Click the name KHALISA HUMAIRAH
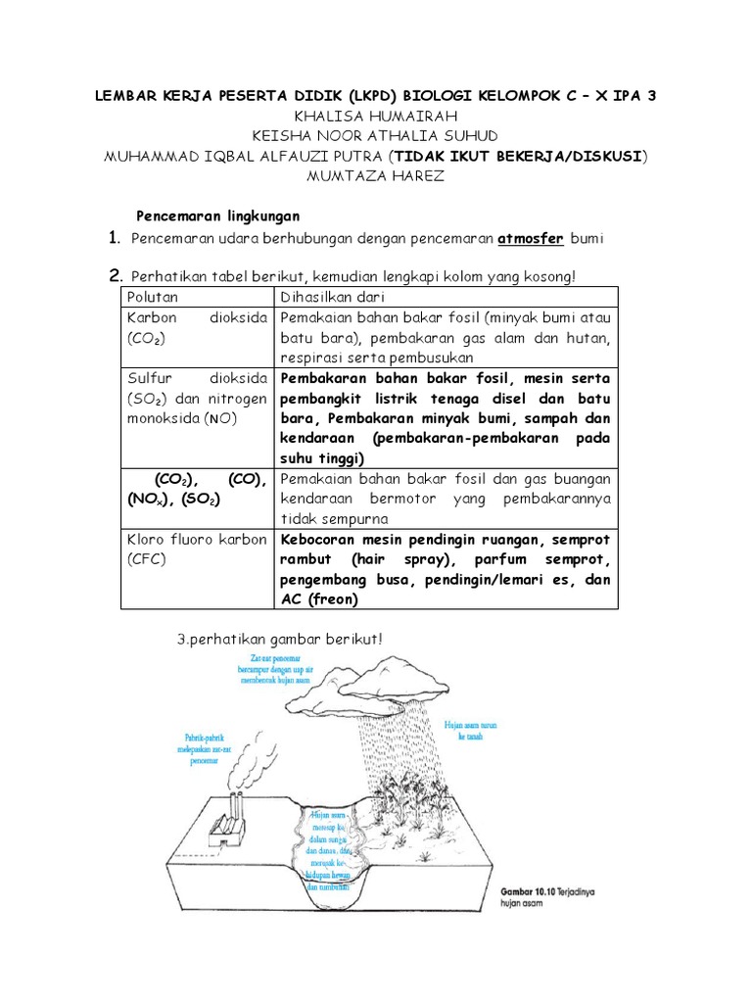pos(376,116)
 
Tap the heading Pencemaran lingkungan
pos(217,215)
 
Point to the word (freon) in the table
pos(332,598)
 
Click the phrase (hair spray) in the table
pos(389,559)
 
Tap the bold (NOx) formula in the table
pos(145,499)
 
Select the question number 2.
pos(116,275)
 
